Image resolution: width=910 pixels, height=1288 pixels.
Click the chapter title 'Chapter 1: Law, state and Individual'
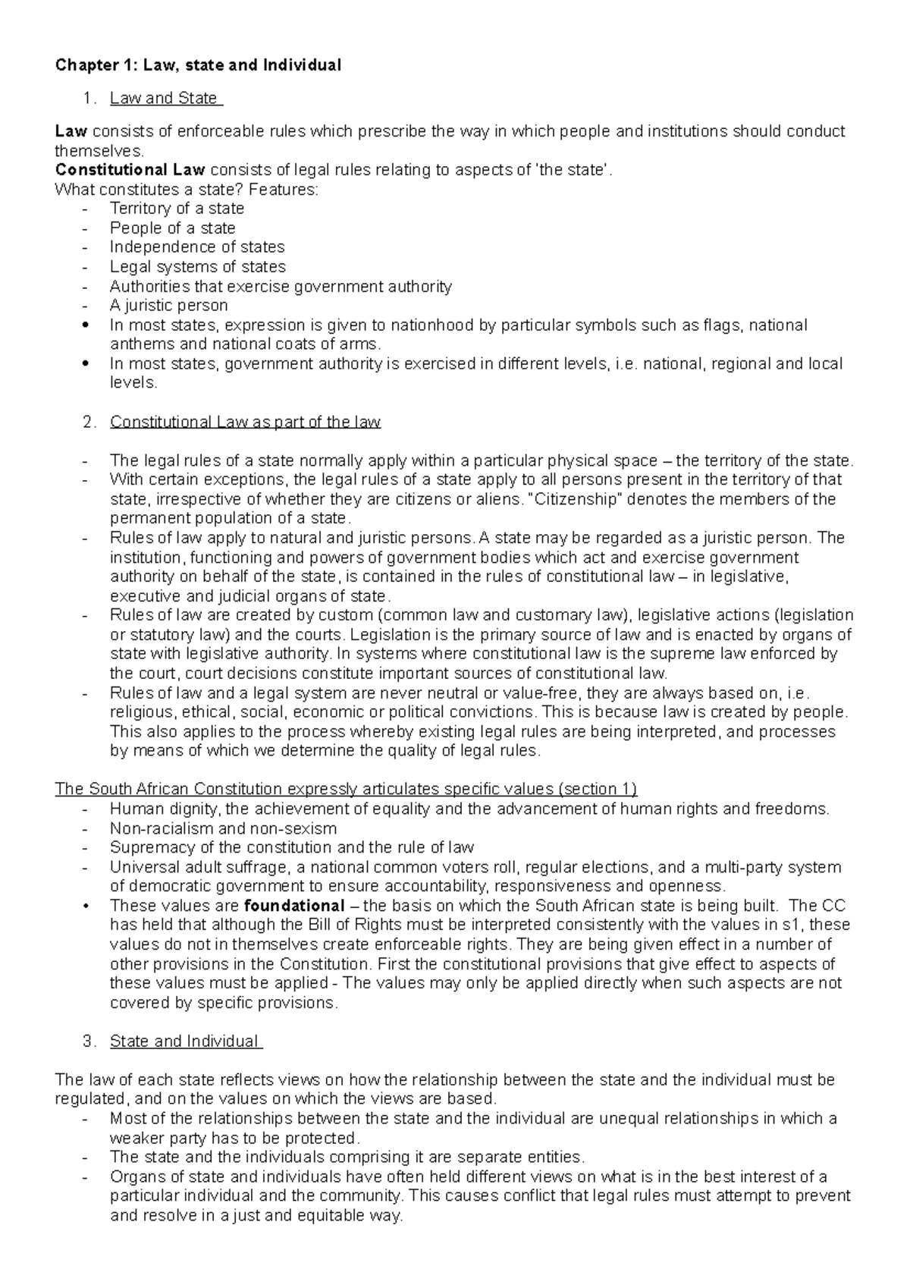pyautogui.click(x=198, y=65)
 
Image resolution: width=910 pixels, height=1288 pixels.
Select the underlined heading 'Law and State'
pyautogui.click(x=164, y=98)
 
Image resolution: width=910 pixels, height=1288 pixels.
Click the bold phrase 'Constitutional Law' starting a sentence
pyautogui.click(x=130, y=170)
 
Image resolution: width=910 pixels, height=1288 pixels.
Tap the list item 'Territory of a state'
pyautogui.click(x=177, y=209)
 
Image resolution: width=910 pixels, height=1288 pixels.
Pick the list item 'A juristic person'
pyautogui.click(x=168, y=306)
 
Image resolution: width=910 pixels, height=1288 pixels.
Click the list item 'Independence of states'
pyautogui.click(x=197, y=247)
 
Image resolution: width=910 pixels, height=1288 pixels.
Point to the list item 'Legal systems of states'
pyautogui.click(x=197, y=267)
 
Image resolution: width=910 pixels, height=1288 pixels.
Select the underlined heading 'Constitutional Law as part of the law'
pyautogui.click(x=245, y=422)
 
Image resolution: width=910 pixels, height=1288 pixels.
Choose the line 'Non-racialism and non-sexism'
pyautogui.click(x=223, y=828)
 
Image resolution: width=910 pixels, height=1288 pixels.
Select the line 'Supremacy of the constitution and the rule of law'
pyautogui.click(x=291, y=847)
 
